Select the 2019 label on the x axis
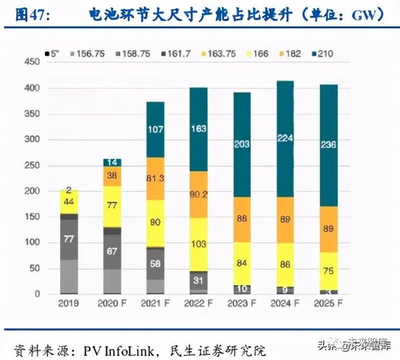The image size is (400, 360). [x=69, y=304]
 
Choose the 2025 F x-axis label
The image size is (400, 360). [x=329, y=304]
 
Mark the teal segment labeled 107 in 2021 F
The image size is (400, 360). [x=155, y=130]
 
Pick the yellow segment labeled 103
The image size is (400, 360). [x=199, y=244]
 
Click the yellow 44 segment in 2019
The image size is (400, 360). [x=69, y=202]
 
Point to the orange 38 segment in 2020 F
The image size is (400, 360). [x=113, y=176]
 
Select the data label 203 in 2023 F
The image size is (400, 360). [x=242, y=144]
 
